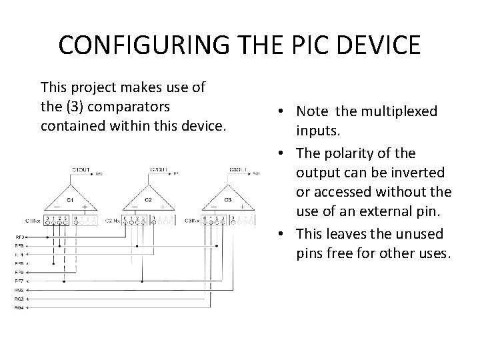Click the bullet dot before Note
[x=284, y=111]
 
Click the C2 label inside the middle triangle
[x=149, y=199]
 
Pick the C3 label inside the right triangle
[x=227, y=199]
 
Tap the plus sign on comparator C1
[x=85, y=207]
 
